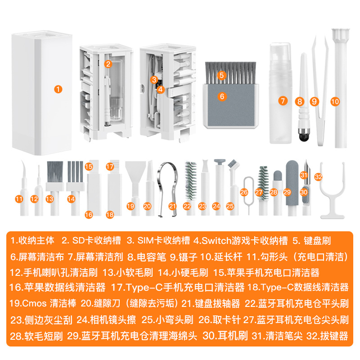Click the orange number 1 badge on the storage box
tap(58, 89)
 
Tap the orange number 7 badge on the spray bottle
tap(282, 101)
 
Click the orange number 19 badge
tap(130, 206)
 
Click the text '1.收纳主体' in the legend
tap(32, 240)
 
